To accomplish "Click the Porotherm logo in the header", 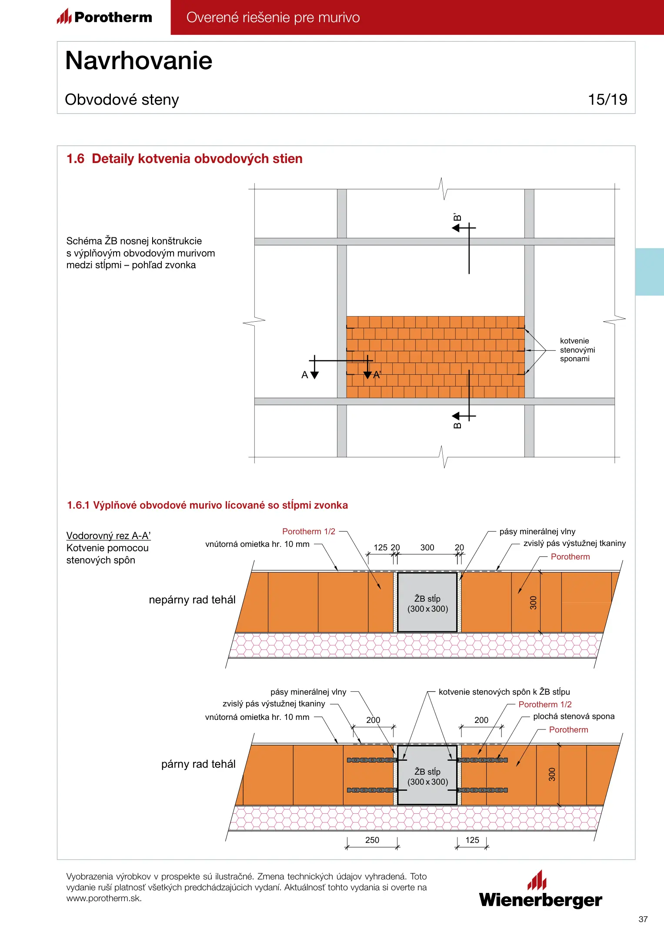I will point(105,17).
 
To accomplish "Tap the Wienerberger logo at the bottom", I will point(541,891).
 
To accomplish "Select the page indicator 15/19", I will point(607,100).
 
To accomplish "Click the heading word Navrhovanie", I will point(139,60).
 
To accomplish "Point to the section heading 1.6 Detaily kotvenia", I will point(184,159).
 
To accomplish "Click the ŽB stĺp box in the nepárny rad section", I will point(427,603).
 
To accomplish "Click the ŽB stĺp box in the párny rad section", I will point(427,776).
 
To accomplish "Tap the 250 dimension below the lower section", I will point(372,840).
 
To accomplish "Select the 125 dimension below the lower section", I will point(472,840).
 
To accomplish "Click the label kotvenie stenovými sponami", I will point(577,350).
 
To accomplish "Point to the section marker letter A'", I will point(377,375).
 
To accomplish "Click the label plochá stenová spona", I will point(574,716).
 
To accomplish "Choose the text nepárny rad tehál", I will point(192,600).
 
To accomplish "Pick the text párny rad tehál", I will point(198,764).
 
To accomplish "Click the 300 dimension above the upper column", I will point(427,547).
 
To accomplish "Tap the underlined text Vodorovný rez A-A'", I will point(108,536).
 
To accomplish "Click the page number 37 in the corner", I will point(643,919).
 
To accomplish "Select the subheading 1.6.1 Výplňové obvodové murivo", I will point(207,505).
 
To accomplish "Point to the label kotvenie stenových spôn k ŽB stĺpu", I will point(504,692).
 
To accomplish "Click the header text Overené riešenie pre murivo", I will point(273,17).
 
